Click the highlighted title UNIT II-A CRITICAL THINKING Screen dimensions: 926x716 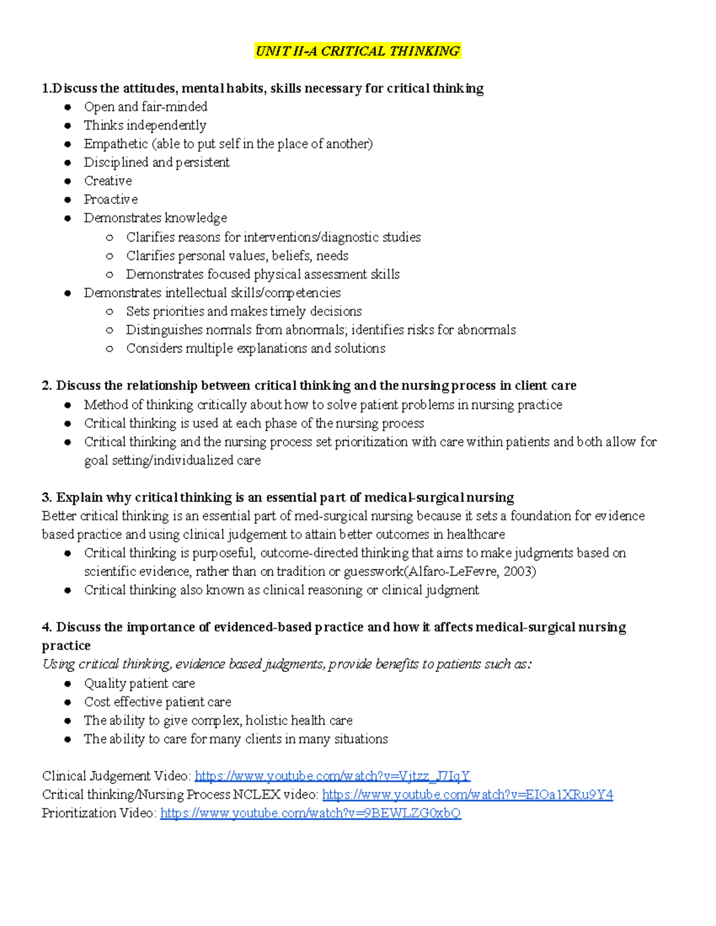coord(357,51)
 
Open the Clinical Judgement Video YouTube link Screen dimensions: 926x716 coord(332,776)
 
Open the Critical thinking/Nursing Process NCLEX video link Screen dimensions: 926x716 coord(467,794)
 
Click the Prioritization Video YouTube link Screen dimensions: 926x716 coord(310,813)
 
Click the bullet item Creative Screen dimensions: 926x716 coord(107,181)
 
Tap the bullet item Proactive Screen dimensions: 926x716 coord(110,199)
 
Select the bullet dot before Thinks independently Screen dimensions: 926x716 coord(68,126)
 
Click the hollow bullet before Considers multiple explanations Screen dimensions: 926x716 coord(109,349)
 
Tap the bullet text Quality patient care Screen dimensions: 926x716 coord(139,683)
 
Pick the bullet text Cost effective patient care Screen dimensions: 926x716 coord(158,702)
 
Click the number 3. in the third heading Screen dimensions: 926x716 coord(47,497)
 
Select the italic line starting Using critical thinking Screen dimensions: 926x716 coord(286,664)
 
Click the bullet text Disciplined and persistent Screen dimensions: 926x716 coord(156,162)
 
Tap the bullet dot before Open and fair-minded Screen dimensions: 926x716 coord(68,107)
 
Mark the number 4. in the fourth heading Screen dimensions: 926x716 coord(47,627)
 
